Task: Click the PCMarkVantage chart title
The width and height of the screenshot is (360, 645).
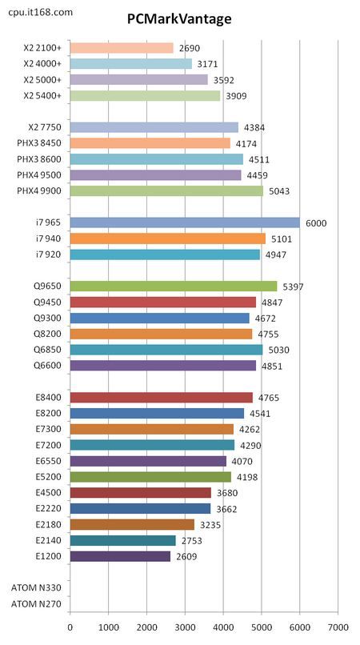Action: pyautogui.click(x=178, y=19)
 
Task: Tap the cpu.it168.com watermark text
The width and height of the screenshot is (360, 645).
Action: pyautogui.click(x=40, y=12)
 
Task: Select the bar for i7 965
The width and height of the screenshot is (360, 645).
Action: pyautogui.click(x=185, y=222)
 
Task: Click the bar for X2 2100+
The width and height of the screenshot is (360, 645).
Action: pyautogui.click(x=122, y=48)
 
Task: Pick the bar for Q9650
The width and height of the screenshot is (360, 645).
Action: pyautogui.click(x=174, y=286)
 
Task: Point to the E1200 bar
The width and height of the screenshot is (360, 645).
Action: pyautogui.click(x=120, y=556)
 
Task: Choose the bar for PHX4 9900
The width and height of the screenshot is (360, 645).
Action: pyautogui.click(x=166, y=191)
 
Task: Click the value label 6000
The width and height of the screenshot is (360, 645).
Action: pyautogui.click(x=316, y=223)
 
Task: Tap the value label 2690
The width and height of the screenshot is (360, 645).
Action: pyautogui.click(x=190, y=49)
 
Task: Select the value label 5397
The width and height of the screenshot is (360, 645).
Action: pyautogui.click(x=293, y=286)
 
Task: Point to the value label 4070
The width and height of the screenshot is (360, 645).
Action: pyautogui.click(x=242, y=462)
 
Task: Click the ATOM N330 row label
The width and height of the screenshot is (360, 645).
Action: pyautogui.click(x=36, y=587)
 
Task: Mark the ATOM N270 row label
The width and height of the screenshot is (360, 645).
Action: pyautogui.click(x=36, y=604)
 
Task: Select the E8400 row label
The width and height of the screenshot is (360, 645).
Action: pyautogui.click(x=49, y=398)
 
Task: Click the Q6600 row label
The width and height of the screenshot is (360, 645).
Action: pyautogui.click(x=48, y=366)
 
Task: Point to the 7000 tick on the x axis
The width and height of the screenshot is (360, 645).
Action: pyautogui.click(x=338, y=627)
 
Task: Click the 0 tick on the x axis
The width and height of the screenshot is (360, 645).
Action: pyautogui.click(x=70, y=627)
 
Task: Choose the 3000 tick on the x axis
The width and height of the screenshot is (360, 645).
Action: pyautogui.click(x=185, y=627)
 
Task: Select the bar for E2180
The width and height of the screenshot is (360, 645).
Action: pyautogui.click(x=133, y=524)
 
